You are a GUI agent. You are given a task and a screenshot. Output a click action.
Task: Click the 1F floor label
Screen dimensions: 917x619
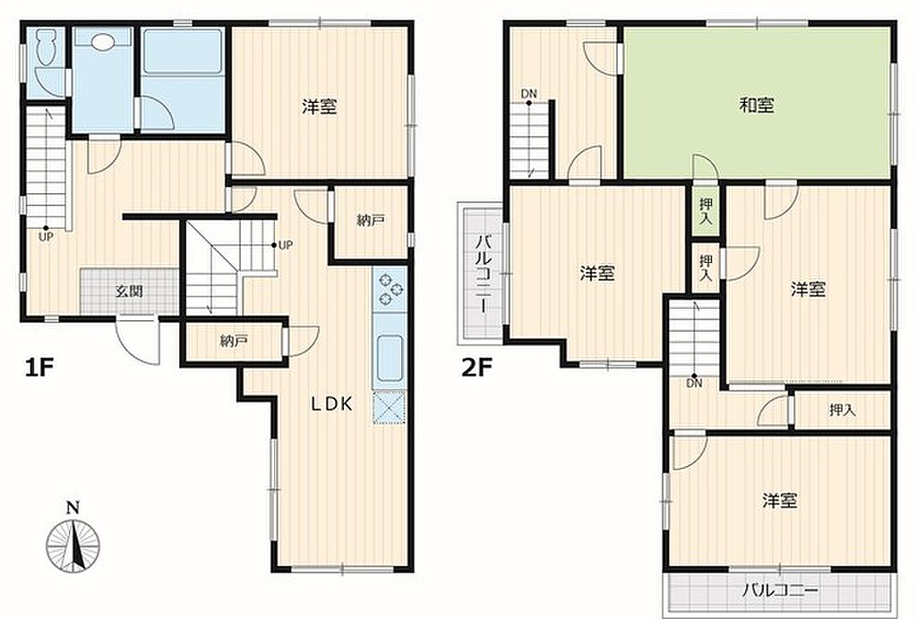tap(39, 369)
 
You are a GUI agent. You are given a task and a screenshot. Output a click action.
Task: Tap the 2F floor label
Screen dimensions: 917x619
tap(476, 369)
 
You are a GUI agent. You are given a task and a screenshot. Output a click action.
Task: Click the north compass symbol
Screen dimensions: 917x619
tap(73, 540)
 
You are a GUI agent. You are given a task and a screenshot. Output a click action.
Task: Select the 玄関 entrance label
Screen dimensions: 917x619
tap(129, 292)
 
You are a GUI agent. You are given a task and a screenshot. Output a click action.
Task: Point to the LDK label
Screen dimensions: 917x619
tap(331, 403)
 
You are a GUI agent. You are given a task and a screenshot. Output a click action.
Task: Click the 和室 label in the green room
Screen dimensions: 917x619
tap(757, 106)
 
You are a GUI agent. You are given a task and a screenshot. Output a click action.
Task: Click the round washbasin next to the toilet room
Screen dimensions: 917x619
tap(102, 42)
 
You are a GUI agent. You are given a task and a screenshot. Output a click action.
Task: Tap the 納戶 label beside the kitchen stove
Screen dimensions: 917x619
tap(371, 221)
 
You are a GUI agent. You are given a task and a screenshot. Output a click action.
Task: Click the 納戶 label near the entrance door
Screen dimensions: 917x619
tap(234, 341)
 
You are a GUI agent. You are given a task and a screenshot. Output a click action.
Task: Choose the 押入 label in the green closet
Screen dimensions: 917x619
tap(707, 211)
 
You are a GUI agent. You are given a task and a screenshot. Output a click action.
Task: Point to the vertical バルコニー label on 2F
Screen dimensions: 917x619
tap(483, 274)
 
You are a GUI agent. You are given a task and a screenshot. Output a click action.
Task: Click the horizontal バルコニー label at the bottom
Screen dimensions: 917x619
tap(781, 589)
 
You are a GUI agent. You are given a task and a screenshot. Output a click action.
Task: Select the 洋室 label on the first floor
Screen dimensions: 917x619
tap(320, 106)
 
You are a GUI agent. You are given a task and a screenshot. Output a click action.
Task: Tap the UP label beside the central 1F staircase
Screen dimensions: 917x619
tap(285, 245)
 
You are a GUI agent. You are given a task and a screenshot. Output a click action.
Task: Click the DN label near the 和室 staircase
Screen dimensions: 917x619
tap(528, 93)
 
